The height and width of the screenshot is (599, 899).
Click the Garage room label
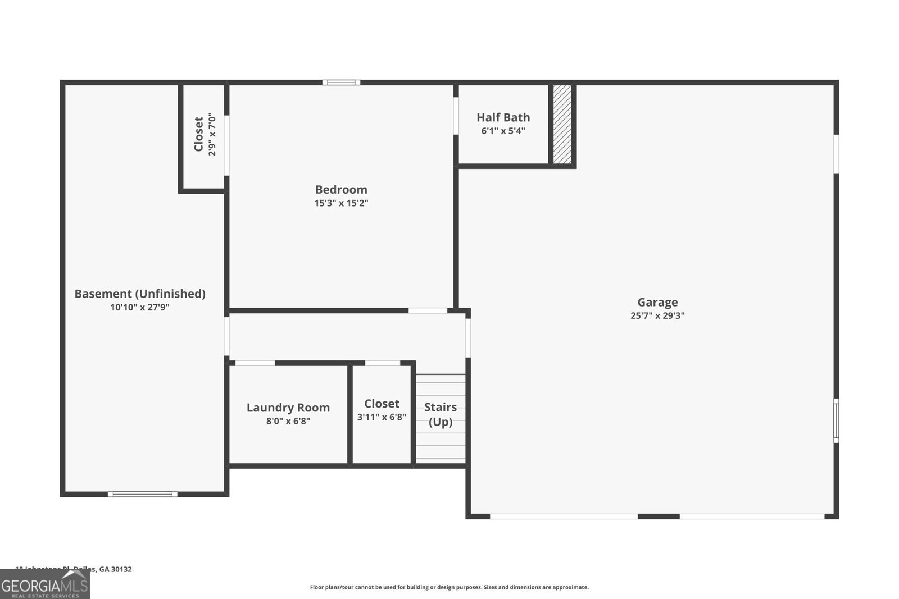[x=657, y=302]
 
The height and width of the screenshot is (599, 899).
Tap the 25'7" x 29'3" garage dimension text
[x=657, y=316]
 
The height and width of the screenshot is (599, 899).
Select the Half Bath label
[x=503, y=117]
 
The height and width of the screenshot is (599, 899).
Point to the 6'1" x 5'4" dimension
[x=503, y=131]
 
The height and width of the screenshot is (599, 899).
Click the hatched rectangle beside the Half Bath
[x=562, y=124]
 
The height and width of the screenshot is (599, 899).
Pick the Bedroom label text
[x=341, y=190]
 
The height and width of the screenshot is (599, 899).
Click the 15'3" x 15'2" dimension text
[x=341, y=203]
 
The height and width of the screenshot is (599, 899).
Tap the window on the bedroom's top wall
[x=341, y=83]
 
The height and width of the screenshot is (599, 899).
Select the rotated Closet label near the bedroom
[x=198, y=134]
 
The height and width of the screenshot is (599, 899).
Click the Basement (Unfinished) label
[x=140, y=294]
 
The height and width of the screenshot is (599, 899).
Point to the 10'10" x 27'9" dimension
[x=140, y=308]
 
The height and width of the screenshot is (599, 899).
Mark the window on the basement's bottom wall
[x=143, y=494]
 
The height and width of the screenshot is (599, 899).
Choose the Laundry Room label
[x=288, y=408]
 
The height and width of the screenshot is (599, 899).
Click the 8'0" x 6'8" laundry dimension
[x=288, y=421]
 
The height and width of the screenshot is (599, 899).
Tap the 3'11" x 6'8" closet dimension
[x=382, y=417]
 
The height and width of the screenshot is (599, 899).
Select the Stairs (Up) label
[x=441, y=414]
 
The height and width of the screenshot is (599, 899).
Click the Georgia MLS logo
[x=44, y=584]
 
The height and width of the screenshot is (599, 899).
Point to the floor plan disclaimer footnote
[x=449, y=587]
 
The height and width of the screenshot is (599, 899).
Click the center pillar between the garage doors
[x=659, y=516]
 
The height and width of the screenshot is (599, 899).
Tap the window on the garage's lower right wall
[x=836, y=420]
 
